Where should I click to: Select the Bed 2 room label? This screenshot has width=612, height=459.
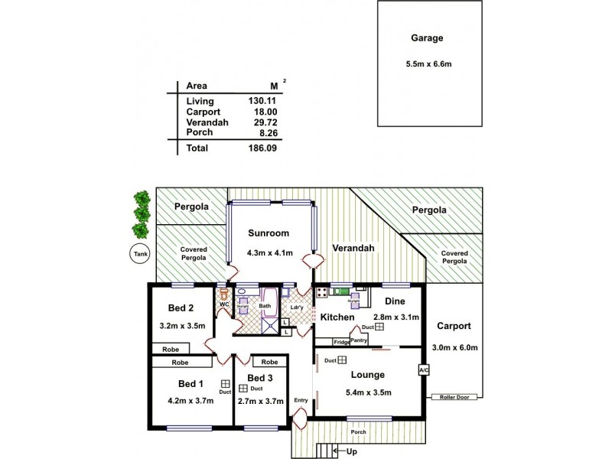[181, 308]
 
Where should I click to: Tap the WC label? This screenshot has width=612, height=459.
[224, 304]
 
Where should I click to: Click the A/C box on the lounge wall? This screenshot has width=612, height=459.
[423, 369]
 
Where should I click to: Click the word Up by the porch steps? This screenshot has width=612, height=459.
[351, 451]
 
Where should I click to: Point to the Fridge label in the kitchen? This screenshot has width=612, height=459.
[341, 342]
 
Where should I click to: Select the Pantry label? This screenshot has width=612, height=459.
[359, 340]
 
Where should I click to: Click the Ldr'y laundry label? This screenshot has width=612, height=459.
[298, 308]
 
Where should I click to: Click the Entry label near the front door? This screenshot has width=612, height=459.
[300, 400]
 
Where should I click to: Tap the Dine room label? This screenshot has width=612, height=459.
[395, 301]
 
